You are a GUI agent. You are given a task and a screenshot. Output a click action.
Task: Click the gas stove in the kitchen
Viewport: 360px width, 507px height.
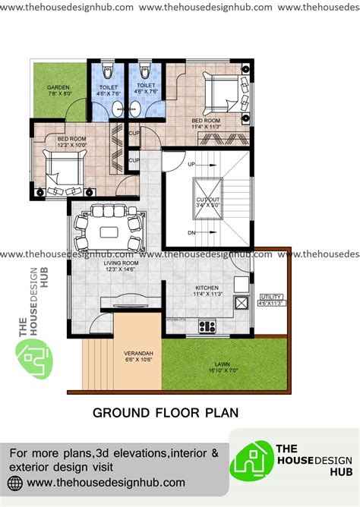207,326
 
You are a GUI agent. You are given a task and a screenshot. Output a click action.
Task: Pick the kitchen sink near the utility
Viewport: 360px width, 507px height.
242,303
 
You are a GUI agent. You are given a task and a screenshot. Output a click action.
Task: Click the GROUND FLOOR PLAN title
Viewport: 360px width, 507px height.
165,413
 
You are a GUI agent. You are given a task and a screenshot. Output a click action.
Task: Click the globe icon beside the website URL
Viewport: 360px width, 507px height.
15,483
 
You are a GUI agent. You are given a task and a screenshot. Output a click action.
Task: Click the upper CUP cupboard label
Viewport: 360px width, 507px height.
134,134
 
